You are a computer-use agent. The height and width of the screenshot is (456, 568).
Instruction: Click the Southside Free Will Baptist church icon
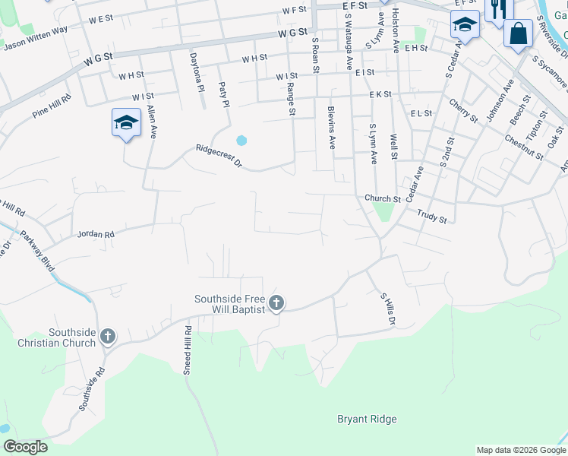click(x=276, y=303)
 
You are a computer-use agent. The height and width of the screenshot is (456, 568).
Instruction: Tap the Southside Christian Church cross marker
click(x=108, y=336)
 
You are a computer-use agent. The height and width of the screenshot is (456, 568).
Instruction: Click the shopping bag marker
click(x=518, y=33)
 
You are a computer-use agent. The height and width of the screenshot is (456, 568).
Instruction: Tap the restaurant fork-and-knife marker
click(x=498, y=9)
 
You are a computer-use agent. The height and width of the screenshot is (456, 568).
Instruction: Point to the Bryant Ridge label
click(x=367, y=419)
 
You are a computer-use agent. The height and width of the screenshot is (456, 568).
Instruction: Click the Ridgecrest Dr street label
click(x=218, y=157)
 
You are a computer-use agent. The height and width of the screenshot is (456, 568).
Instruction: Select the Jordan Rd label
click(x=95, y=235)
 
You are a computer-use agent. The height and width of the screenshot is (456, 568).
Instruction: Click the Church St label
click(x=382, y=198)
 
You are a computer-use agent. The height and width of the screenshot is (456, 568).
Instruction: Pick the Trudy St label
click(x=432, y=216)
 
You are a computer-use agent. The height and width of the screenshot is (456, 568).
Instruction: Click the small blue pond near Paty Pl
click(x=241, y=140)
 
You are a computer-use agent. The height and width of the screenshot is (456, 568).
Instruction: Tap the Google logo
click(x=25, y=447)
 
